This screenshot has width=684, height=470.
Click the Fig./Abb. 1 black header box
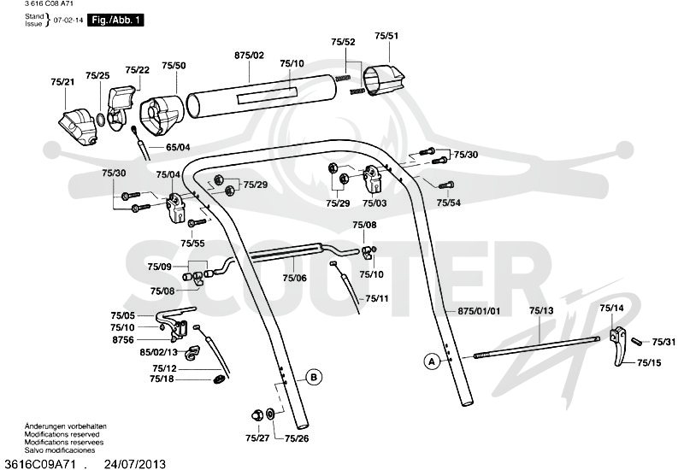pos(115,20)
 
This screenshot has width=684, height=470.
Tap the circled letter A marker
pos(432,361)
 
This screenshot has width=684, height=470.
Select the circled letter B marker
pos(314,377)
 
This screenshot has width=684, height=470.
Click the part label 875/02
pos(249,56)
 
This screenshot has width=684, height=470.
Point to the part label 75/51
pos(386,36)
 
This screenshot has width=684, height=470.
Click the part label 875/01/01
pos(479,311)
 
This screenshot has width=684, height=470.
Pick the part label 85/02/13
pos(158,352)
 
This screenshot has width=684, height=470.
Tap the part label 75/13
pos(541,310)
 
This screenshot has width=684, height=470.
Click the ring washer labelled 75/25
pos(100,120)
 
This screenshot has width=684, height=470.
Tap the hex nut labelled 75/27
pos(256,414)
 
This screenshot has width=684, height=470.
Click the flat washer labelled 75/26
pos(270,414)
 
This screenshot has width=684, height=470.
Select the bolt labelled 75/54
pos(445,185)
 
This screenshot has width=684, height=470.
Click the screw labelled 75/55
pos(197,222)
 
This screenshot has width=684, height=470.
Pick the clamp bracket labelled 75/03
pos(373,179)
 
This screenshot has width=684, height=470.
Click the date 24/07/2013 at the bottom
pos(135,464)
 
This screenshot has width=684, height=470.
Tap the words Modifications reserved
pos(62,434)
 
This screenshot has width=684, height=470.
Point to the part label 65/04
pos(178,147)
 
